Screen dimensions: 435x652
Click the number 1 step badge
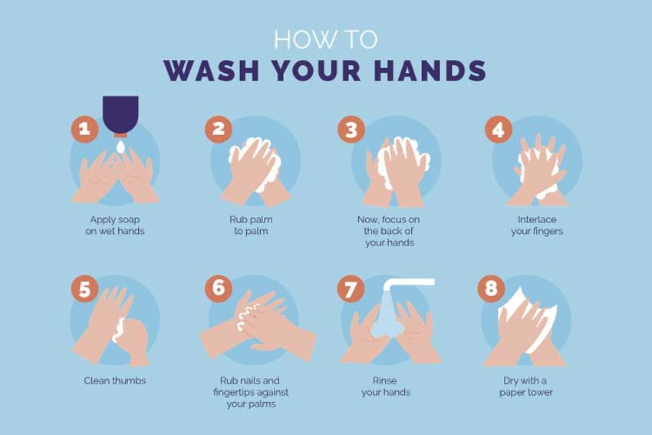[85, 130]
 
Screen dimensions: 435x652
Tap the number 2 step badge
[219, 130]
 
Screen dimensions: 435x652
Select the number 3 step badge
[352, 130]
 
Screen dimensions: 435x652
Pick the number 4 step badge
[499, 130]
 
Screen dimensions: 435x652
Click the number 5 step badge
[85, 289]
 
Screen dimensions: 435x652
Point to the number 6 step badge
[219, 289]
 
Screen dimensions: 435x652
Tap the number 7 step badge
[352, 289]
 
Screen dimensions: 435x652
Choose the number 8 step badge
[492, 289]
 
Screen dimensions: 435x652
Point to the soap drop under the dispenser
[120, 145]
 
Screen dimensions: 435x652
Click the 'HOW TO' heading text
[325, 39]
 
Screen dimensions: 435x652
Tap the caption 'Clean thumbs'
[115, 380]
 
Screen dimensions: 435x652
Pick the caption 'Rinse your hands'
[386, 386]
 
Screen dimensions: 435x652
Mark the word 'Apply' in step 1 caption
[104, 219]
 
